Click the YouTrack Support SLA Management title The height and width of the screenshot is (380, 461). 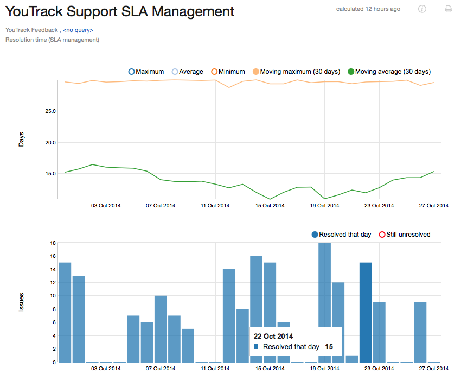click(x=120, y=11)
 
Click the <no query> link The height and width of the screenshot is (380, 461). click(x=78, y=30)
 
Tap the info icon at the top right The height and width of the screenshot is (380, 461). click(x=422, y=9)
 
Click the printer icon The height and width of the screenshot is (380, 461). click(x=448, y=9)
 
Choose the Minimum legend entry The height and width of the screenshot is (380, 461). click(x=228, y=72)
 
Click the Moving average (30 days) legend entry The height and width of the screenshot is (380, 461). click(x=389, y=72)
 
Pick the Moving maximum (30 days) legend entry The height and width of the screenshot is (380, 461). click(x=296, y=72)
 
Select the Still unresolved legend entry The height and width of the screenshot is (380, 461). click(x=405, y=235)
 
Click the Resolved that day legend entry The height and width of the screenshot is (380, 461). click(x=341, y=235)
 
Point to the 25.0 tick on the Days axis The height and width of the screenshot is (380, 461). click(x=50, y=111)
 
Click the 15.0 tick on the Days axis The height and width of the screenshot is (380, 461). click(x=50, y=174)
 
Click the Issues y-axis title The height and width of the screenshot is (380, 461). click(x=22, y=303)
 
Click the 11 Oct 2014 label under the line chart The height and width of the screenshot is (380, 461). click(x=215, y=205)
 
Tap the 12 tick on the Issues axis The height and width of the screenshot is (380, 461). click(x=53, y=283)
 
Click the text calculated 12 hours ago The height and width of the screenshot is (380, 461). click(x=368, y=9)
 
